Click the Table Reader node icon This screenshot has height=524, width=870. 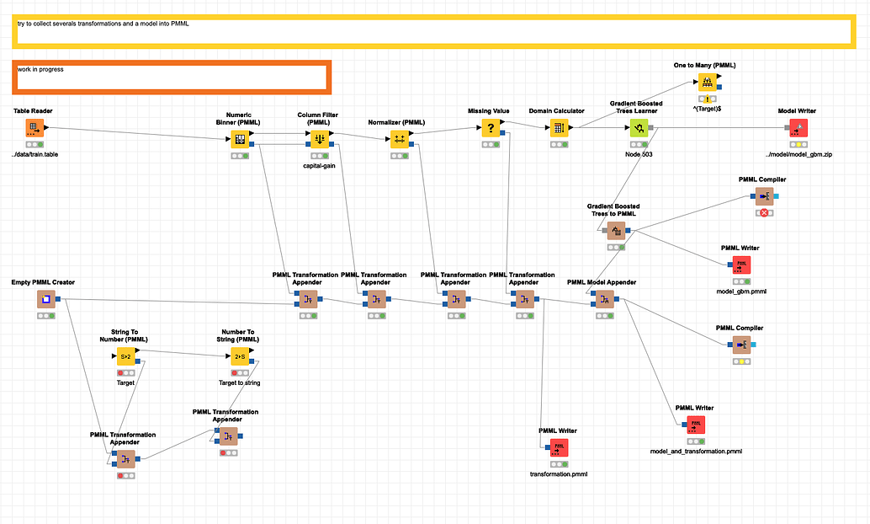[34, 128]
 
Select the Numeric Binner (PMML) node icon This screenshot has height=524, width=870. [239, 138]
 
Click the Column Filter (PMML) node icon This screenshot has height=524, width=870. [319, 138]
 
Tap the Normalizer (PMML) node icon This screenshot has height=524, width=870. [400, 138]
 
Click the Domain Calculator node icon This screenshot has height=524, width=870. [557, 128]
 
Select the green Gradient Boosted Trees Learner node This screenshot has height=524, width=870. [639, 128]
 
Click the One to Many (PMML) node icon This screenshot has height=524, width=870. [708, 83]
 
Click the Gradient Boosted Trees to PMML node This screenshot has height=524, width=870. [615, 230]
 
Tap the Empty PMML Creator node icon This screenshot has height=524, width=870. [46, 299]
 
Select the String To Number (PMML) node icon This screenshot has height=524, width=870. [125, 356]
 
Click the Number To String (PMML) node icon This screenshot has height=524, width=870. [240, 356]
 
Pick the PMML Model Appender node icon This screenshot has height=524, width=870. [604, 299]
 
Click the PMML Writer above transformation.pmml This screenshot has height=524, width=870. [559, 447]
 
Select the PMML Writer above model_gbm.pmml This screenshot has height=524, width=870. [741, 265]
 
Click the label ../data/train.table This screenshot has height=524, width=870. [34, 154]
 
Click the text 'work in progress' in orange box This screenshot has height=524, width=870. [40, 69]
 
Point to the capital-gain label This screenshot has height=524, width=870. [319, 166]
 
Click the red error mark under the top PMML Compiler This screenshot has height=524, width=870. [764, 213]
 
